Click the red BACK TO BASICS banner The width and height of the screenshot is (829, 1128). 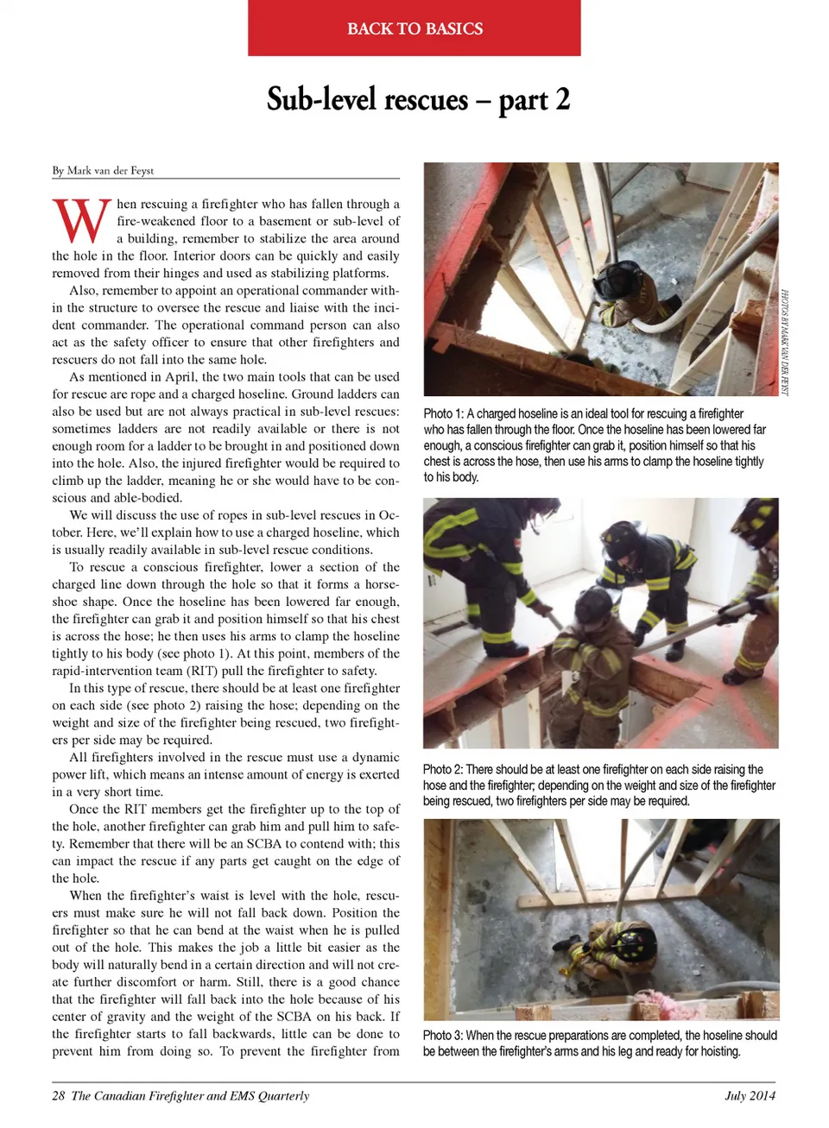coord(414,28)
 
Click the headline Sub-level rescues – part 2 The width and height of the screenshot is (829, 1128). coord(418,100)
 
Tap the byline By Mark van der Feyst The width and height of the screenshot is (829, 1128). coord(103,170)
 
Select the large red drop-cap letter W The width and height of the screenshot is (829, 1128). coord(82,221)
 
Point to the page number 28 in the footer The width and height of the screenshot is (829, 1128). coord(58,1096)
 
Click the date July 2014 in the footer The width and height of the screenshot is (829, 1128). coord(750,1096)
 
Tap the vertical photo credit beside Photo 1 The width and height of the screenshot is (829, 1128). coord(785,342)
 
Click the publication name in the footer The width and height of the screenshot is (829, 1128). coord(190,1096)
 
